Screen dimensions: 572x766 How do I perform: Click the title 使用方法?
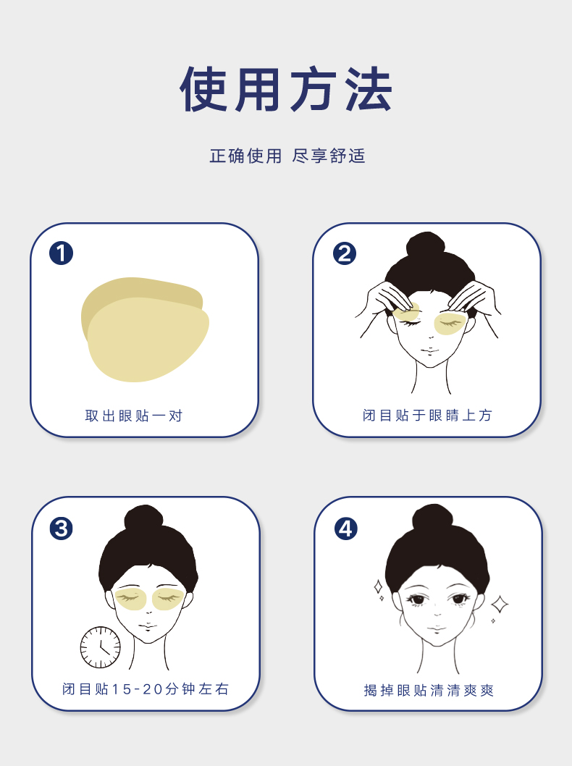click(286, 89)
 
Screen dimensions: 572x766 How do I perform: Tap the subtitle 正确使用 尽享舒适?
click(287, 156)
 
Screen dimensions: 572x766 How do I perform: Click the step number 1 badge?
click(61, 253)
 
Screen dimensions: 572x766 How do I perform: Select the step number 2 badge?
click(345, 253)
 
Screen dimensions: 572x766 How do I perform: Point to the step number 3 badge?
click(61, 529)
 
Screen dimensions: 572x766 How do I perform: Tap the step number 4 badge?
click(346, 529)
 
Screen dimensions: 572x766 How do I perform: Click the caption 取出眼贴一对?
click(134, 416)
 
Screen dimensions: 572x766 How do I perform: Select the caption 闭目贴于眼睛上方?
click(427, 416)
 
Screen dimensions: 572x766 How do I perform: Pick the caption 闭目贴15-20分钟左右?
click(146, 689)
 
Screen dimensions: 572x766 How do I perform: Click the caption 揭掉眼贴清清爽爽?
click(429, 690)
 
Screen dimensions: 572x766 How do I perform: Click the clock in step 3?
click(100, 647)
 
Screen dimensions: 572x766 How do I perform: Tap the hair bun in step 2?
click(426, 244)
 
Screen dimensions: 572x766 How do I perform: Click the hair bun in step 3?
click(143, 518)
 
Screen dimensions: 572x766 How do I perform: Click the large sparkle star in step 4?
click(499, 605)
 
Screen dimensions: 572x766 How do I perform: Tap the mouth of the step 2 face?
click(429, 350)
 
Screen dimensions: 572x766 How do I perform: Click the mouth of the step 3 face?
click(147, 626)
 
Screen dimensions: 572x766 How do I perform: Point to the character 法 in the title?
click(369, 89)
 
